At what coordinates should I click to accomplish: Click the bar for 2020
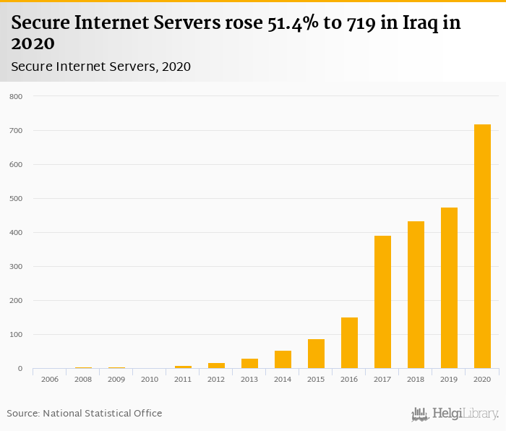[482, 247]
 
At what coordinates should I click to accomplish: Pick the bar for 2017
[382, 302]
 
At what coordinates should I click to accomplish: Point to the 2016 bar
[349, 343]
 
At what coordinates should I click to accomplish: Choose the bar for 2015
[316, 354]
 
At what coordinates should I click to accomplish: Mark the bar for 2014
[283, 359]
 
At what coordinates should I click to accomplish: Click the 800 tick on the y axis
[16, 97]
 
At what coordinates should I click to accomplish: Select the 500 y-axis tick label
[16, 199]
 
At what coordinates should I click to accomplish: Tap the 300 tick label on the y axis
[16, 267]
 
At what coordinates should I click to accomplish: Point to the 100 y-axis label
[16, 335]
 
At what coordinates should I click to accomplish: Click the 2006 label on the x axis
[50, 379]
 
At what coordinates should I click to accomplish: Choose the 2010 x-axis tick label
[150, 379]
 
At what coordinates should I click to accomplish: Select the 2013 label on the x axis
[249, 379]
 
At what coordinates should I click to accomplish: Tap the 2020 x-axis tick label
[482, 379]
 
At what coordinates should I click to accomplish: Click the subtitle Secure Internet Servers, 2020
[100, 67]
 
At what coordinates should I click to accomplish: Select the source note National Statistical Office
[85, 414]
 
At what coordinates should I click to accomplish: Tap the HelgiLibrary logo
[455, 414]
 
